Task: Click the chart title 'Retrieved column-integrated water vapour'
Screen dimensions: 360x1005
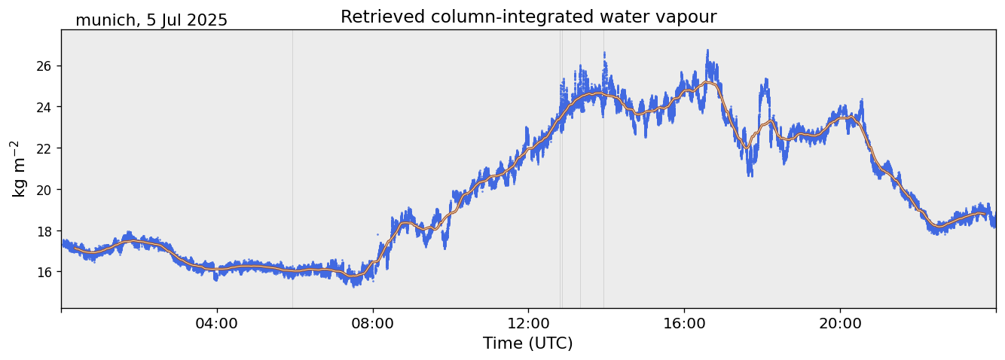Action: coord(528,17)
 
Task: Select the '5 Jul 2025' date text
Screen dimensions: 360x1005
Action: coord(187,21)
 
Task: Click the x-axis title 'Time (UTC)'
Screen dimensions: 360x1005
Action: coord(528,343)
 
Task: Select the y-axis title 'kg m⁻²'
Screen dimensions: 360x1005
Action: coord(18,169)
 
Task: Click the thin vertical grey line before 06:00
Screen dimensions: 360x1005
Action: coord(292,151)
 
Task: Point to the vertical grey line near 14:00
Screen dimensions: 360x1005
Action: coord(603,188)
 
